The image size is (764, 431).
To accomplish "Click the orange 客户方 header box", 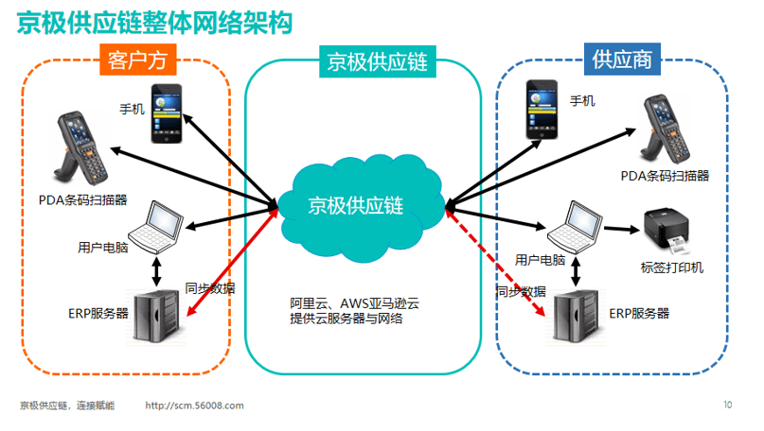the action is point(138,60).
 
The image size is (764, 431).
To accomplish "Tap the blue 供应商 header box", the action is point(622,60).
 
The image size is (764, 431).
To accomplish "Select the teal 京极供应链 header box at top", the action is point(378,61).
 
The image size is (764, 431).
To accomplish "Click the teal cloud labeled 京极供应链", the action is point(361,208).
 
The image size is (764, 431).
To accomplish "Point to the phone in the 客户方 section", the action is point(167,113).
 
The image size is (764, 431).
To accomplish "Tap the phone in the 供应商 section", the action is point(542,110).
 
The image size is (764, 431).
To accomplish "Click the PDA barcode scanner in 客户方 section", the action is point(81,147).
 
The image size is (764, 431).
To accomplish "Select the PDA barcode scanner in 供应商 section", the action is point(665,129).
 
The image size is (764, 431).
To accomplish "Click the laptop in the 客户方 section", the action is point(156,227).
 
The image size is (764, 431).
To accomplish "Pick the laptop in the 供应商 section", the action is point(575,227).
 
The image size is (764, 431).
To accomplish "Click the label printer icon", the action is point(666,231).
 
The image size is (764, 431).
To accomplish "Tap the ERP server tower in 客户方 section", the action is point(156,317).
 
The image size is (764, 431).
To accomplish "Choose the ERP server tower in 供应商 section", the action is point(576,317).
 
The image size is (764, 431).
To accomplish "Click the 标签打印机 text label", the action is point(672,267).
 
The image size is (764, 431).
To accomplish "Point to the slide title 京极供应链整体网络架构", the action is point(154,23).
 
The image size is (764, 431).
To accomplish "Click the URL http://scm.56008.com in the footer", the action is point(194,405).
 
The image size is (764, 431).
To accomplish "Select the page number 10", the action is point(727,405).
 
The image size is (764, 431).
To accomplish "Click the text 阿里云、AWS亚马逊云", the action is point(354,303).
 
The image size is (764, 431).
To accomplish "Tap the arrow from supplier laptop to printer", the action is point(622,229).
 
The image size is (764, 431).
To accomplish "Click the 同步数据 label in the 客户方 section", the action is point(210,288).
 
